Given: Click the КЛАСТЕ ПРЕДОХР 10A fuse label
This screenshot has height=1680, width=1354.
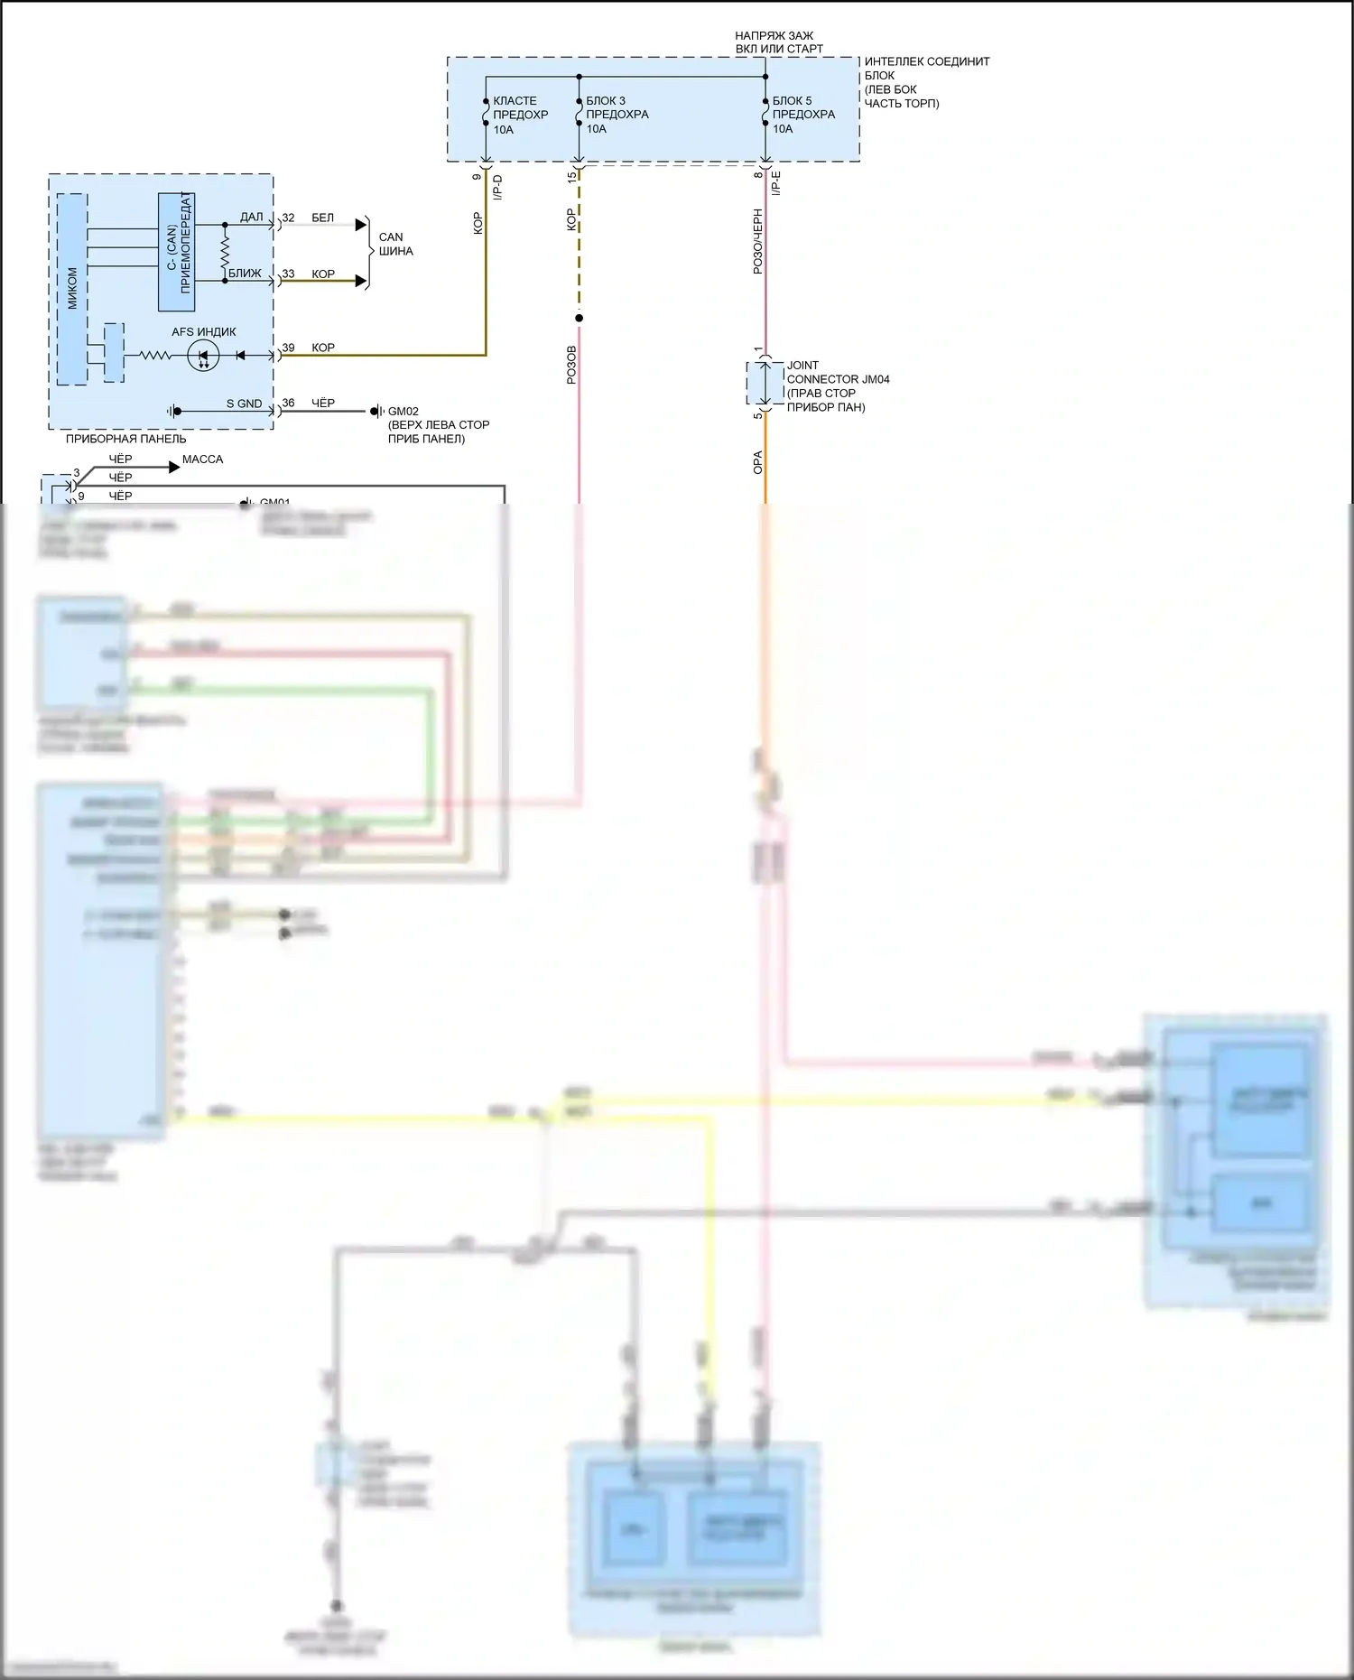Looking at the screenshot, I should [x=520, y=115].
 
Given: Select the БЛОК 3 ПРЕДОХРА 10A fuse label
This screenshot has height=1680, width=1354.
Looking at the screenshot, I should [x=617, y=115].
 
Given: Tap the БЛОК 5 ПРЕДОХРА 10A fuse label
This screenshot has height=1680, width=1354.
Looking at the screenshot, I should [x=803, y=115].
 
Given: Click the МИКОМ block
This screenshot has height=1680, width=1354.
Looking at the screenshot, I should [x=72, y=288].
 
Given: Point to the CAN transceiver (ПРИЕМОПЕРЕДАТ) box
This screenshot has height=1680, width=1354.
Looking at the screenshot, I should [x=177, y=252].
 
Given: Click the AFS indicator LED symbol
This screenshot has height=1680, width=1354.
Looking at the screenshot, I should [x=203, y=356].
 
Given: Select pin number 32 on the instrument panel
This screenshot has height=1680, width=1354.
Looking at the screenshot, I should [x=288, y=218].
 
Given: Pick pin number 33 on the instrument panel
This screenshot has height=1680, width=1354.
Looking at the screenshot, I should [x=288, y=274].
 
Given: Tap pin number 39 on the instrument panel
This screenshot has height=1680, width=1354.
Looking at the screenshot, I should [x=288, y=348].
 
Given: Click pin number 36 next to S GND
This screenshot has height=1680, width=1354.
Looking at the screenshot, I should [x=288, y=404].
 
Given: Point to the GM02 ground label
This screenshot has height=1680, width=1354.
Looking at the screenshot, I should [x=403, y=412].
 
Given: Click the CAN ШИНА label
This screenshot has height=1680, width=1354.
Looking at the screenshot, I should [x=395, y=245].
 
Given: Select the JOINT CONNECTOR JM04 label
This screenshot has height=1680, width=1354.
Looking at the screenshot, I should [x=837, y=386].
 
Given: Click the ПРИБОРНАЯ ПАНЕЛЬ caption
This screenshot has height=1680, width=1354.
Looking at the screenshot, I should [x=125, y=440].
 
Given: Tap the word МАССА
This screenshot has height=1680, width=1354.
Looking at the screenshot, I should [x=202, y=459].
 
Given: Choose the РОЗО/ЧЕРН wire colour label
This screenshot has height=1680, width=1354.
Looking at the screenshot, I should [x=758, y=241].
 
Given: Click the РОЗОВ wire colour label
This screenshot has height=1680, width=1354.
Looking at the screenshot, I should [x=571, y=365].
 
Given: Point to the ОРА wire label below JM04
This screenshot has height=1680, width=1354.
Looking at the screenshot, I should [x=758, y=462].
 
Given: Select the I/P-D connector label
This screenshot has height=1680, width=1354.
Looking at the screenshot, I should [x=497, y=187].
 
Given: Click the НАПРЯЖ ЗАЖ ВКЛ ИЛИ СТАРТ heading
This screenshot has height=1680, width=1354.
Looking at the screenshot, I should [x=778, y=42].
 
